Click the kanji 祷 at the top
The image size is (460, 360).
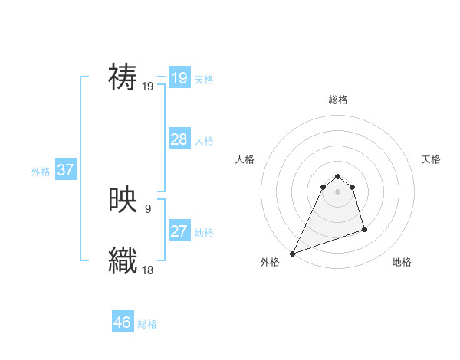point(123,77)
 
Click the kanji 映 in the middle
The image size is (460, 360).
point(123,200)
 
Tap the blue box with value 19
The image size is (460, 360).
point(179,77)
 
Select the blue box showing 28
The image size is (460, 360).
point(179,139)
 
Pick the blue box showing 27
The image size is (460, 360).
point(179,231)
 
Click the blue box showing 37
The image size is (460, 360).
point(65,169)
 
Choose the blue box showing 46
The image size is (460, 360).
point(123,322)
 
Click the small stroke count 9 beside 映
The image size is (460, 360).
point(147,208)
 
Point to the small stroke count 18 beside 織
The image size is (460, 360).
point(148,269)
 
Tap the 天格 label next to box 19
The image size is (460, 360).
point(204,79)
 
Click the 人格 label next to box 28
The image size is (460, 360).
point(204,140)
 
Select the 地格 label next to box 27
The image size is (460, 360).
point(204,232)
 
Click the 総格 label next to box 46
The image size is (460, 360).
point(147,324)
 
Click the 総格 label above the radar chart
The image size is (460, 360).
point(337,100)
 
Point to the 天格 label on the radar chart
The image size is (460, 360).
point(431,159)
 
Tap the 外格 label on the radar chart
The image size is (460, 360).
point(270,262)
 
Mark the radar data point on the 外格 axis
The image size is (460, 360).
point(292,253)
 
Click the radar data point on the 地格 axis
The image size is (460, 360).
point(364,229)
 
